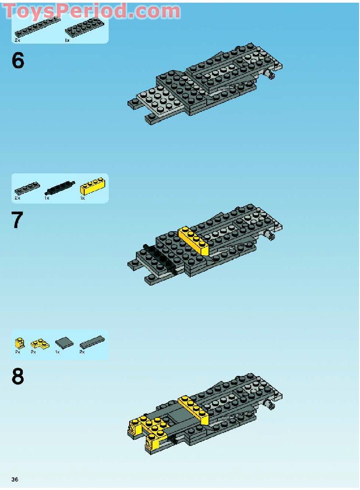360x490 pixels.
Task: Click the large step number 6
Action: pyautogui.click(x=18, y=61)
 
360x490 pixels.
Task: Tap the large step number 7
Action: pyautogui.click(x=17, y=220)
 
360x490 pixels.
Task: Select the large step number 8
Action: pyautogui.click(x=18, y=376)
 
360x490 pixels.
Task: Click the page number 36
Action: pyautogui.click(x=15, y=479)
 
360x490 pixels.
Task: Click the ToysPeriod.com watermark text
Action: pyautogui.click(x=92, y=11)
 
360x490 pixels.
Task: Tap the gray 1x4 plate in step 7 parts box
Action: pyautogui.click(x=28, y=188)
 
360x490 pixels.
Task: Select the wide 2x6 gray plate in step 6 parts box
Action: pyautogui.click(x=84, y=27)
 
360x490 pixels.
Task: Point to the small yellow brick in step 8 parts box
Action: pyautogui.click(x=19, y=343)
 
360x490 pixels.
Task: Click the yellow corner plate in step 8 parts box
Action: pyautogui.click(x=40, y=344)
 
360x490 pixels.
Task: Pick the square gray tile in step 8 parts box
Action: pyautogui.click(x=64, y=343)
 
